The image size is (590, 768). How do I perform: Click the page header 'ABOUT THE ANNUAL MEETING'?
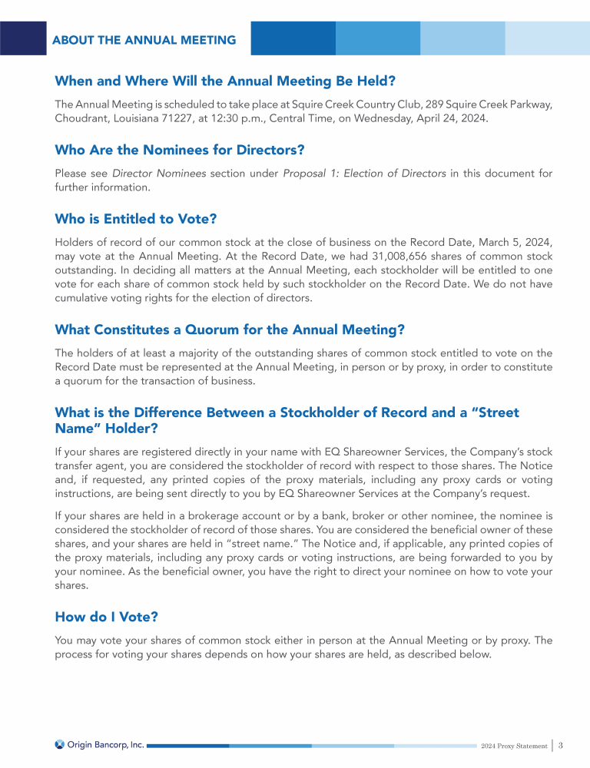144,40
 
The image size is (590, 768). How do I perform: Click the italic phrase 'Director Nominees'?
159,174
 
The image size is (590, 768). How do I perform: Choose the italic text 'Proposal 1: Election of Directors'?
364,174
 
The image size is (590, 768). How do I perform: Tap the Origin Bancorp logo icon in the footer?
60,744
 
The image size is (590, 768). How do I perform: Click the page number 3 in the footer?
562,744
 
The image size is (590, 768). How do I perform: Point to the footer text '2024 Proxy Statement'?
514,746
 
